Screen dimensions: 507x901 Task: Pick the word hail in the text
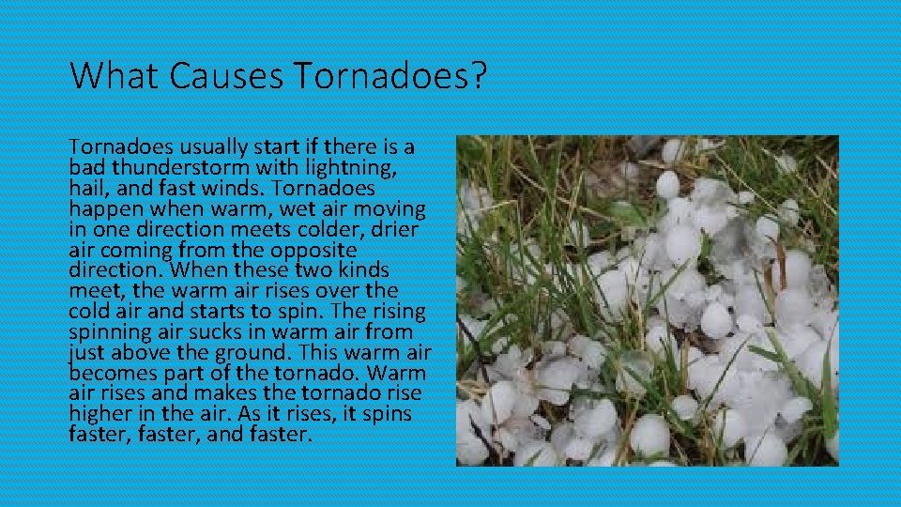pyautogui.click(x=87, y=189)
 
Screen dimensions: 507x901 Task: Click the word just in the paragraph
pyautogui.click(x=86, y=353)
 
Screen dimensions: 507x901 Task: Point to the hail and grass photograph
pyautogui.click(x=647, y=300)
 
